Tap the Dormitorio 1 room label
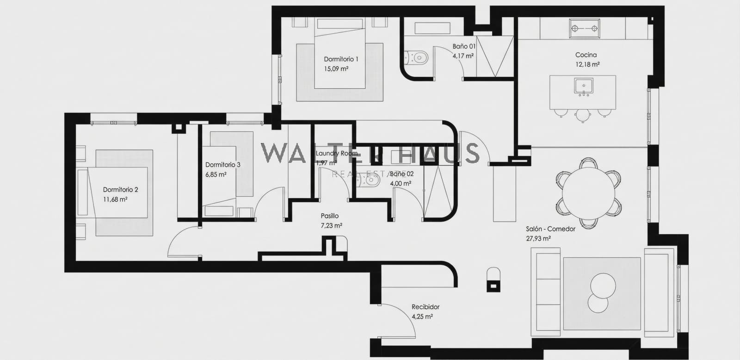[341, 59]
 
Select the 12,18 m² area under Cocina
[587, 65]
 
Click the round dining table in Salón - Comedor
[588, 193]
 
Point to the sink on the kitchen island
[584, 86]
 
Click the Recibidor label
[425, 307]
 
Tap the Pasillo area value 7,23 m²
[331, 226]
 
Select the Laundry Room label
[336, 153]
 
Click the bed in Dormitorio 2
[118, 192]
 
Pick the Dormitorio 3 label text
[222, 165]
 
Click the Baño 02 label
[401, 174]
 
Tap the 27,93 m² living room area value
[538, 239]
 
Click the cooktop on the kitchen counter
[585, 28]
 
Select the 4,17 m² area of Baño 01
[463, 56]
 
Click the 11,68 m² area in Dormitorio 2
[115, 199]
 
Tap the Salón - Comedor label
[550, 229]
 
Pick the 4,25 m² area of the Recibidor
[422, 317]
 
